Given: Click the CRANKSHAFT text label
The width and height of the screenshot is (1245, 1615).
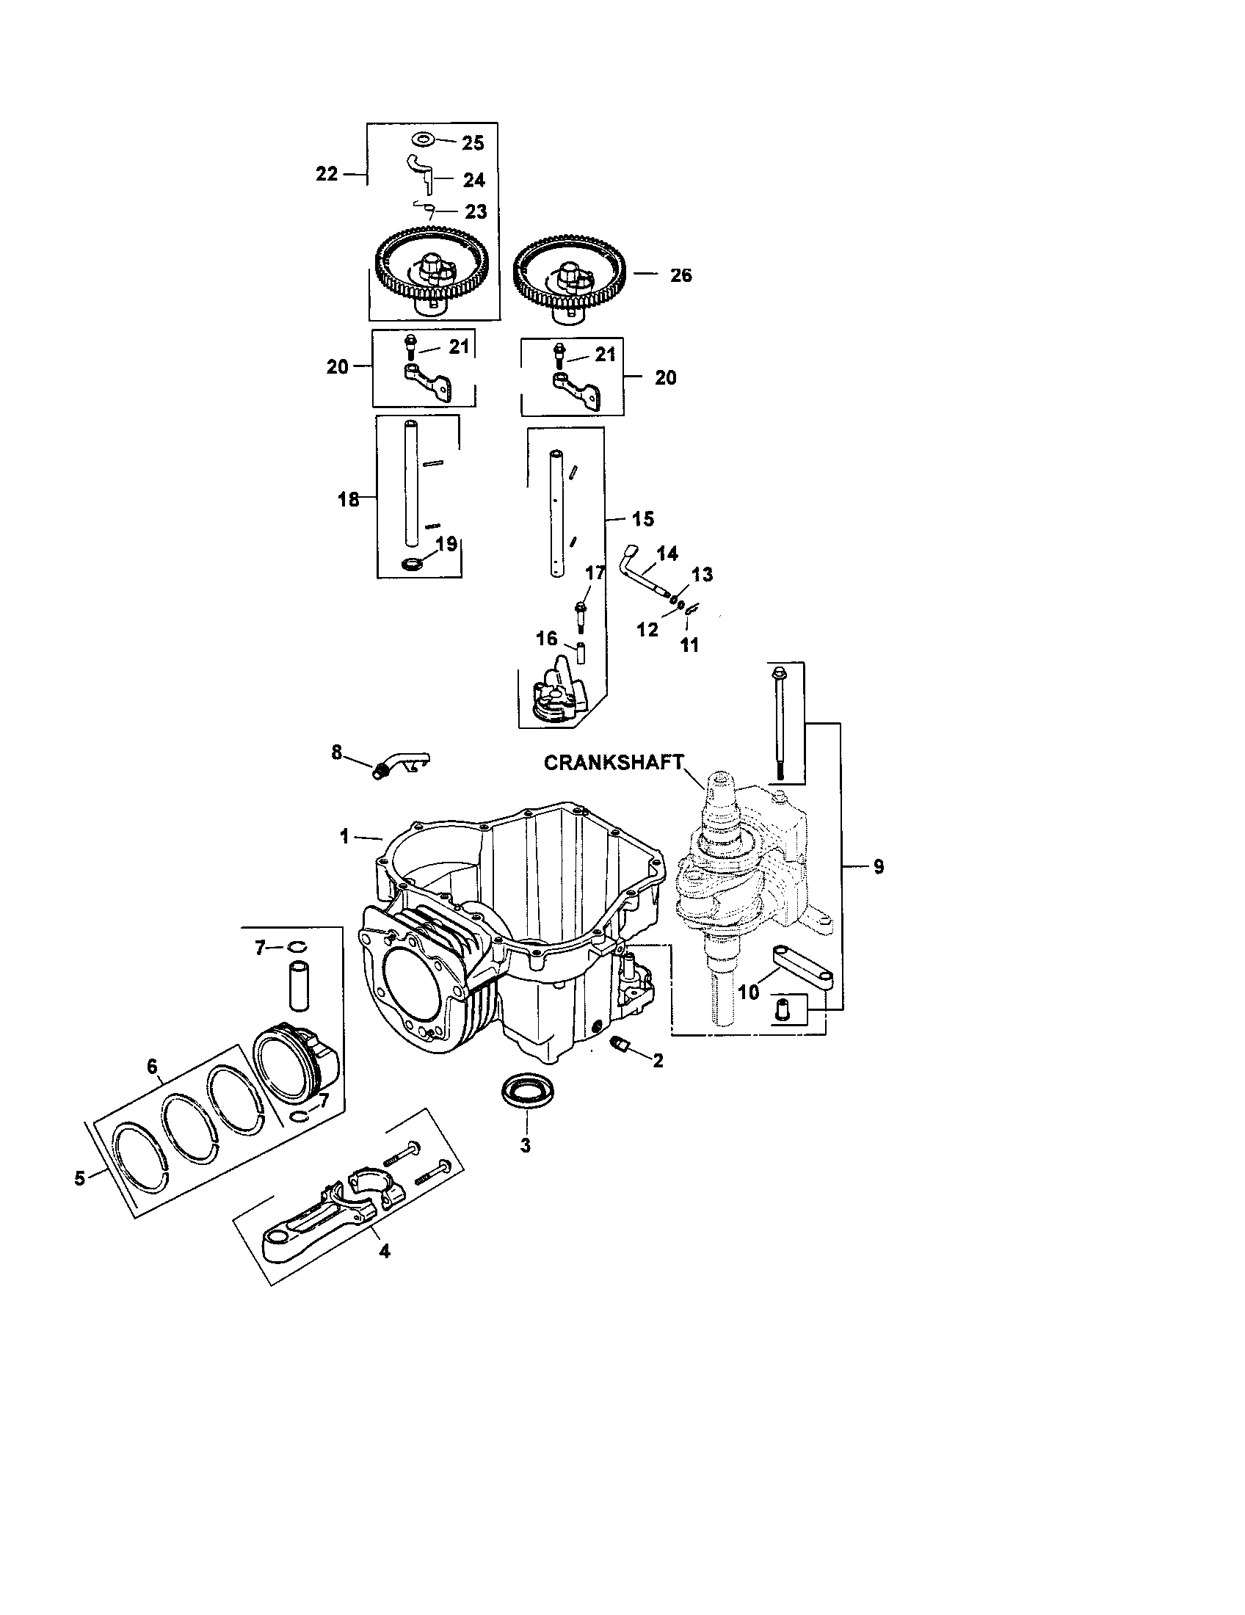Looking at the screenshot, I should coord(613,763).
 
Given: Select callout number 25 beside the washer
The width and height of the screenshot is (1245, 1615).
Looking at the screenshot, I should coord(473,143).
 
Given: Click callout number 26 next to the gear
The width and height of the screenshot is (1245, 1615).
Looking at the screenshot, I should coord(681,275).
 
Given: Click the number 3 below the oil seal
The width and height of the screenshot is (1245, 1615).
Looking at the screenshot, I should coord(526,1145).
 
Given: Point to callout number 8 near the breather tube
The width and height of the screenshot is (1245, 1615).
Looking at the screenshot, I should coord(337,752).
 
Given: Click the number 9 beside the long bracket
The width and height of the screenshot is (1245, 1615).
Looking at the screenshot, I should coord(877,867).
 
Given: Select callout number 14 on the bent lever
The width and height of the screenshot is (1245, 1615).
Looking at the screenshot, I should coord(667,553).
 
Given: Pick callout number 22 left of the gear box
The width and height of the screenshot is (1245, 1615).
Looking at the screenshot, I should coord(327,174).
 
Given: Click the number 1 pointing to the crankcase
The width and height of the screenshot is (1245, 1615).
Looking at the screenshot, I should coord(344,836).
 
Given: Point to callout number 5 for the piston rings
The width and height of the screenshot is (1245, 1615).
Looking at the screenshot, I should coord(81,1178).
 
